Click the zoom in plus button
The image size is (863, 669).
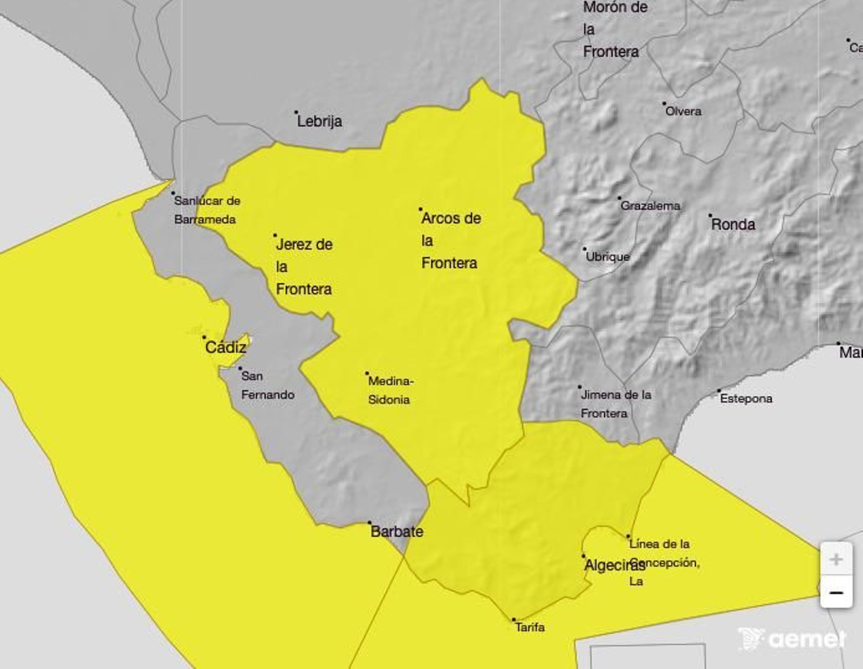836,559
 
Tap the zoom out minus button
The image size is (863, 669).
836,593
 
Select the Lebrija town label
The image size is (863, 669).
319,121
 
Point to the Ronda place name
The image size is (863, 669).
733,224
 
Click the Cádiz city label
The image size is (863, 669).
225,347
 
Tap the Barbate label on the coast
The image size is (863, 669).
396,531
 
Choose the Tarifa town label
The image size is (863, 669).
530,627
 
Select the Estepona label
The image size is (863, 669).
746,398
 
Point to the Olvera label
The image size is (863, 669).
683,111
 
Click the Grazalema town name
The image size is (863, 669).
650,206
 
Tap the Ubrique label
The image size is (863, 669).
607,257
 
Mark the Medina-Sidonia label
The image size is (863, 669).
390,390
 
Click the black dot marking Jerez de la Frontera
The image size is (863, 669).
275,235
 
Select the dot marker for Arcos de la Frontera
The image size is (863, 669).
420,209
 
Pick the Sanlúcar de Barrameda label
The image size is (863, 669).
207,210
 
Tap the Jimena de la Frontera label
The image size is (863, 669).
615,404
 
